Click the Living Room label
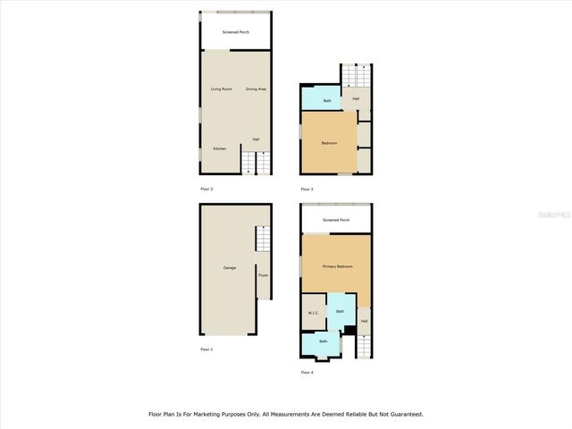(221, 89)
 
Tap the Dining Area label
(257, 89)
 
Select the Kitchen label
(219, 148)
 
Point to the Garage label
(230, 268)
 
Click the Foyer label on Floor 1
(263, 275)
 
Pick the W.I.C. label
(313, 313)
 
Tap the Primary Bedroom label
(337, 267)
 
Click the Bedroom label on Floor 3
(329, 143)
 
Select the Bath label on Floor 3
(327, 100)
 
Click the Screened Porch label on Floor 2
(236, 32)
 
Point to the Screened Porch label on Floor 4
(336, 220)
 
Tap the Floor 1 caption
(206, 349)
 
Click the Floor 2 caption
(206, 189)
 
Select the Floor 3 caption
(307, 189)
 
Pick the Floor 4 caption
(307, 372)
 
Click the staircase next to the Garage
(263, 240)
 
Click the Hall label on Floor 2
(256, 139)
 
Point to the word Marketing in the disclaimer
(221, 415)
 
